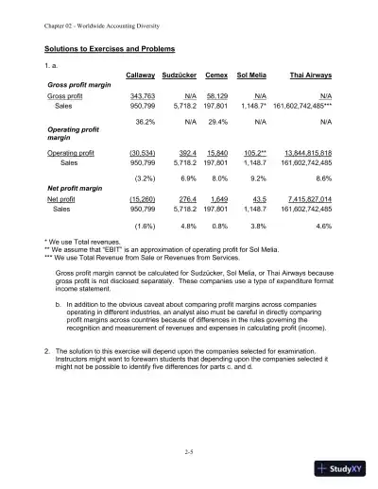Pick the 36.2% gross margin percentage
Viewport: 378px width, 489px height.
(x=145, y=122)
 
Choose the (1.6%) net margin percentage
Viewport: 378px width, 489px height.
(x=144, y=227)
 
